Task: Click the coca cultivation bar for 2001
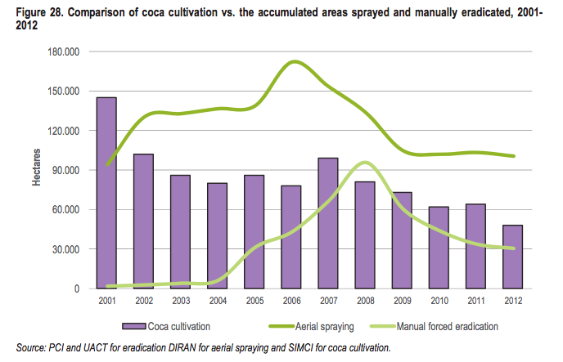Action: [106, 193]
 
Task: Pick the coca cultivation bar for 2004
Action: [216, 235]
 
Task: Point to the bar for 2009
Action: [401, 240]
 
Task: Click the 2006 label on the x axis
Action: [291, 301]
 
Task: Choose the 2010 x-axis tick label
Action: [439, 301]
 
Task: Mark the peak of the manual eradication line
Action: [364, 163]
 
